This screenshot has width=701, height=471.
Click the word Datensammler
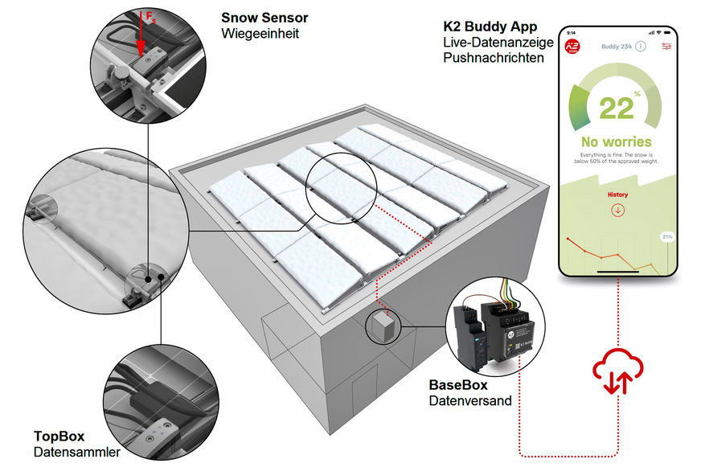pos(76,453)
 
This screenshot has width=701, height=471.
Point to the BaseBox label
pos(457,384)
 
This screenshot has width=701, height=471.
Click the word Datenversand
pos(469,400)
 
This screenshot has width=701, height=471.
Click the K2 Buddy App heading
pos(490,27)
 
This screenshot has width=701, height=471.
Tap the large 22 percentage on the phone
pos(615,106)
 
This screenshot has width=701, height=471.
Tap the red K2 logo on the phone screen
pos(573,47)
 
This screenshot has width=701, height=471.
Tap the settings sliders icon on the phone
pos(666,47)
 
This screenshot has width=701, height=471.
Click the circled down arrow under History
pos(617,211)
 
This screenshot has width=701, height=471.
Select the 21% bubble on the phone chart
pos(666,237)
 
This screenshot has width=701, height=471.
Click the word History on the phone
pos(617,195)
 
